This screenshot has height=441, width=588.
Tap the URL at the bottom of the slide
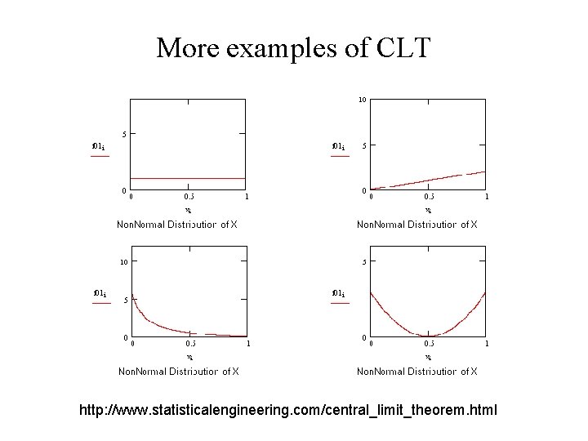point(287,408)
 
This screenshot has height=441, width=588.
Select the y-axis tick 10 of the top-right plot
point(362,100)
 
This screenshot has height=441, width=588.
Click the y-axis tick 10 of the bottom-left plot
point(122,262)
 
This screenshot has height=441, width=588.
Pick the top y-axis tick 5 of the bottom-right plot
point(364,262)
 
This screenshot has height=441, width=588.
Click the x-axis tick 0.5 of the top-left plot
point(189,196)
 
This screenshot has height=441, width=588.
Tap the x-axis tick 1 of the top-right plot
point(487,196)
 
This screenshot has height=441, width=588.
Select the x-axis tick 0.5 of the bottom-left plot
point(189,344)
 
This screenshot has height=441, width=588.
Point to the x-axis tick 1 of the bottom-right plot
point(487,344)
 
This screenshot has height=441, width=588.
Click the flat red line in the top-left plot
point(188,178)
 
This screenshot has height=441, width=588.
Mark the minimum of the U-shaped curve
point(428,336)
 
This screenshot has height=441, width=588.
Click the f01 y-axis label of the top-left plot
point(97,146)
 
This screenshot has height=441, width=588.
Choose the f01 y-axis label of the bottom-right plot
point(337,292)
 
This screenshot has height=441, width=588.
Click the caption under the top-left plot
point(177,225)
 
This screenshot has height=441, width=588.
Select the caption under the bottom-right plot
point(417,372)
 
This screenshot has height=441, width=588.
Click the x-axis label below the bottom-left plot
point(189,357)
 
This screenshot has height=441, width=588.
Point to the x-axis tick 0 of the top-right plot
point(372,196)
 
